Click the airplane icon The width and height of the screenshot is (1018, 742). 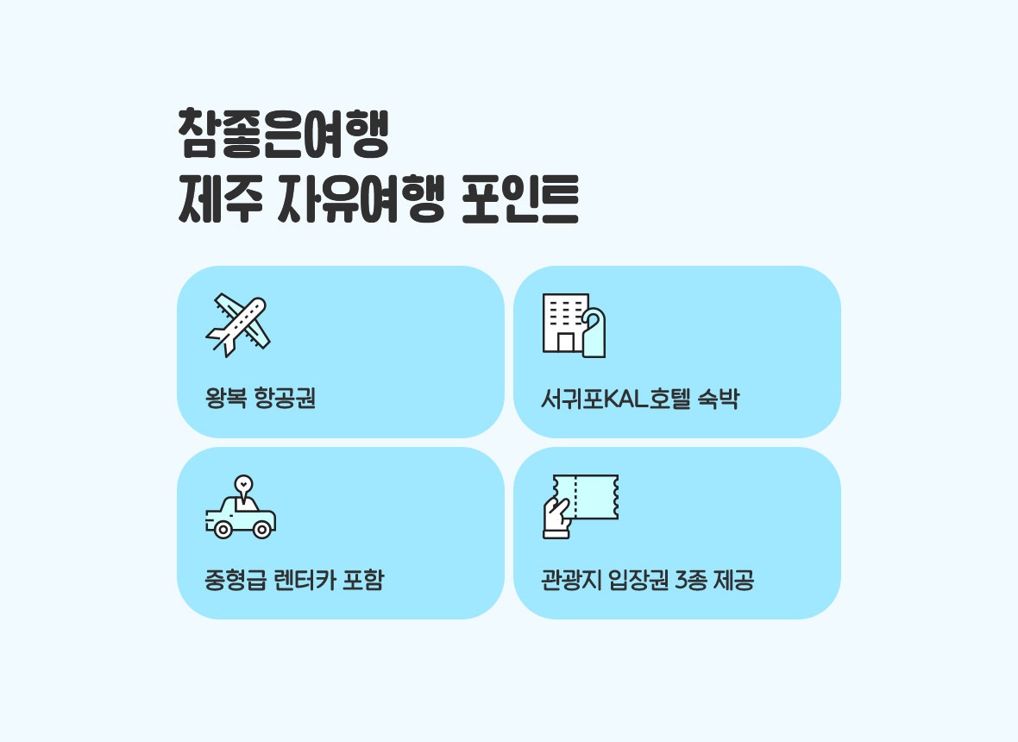(238, 324)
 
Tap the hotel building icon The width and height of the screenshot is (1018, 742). (574, 325)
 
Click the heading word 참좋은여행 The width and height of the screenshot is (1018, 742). (283, 134)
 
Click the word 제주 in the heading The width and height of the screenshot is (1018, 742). (220, 198)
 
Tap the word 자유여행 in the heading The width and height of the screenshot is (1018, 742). (361, 198)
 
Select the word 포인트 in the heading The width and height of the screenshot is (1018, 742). (519, 198)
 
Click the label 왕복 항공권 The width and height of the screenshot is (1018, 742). (261, 398)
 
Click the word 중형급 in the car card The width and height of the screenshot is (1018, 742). (236, 580)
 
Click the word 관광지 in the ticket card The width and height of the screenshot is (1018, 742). (571, 580)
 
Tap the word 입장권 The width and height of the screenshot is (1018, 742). (638, 580)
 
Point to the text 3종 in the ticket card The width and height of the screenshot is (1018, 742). (691, 580)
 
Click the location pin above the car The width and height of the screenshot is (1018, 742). (243, 488)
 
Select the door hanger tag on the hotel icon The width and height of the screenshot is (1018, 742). (594, 332)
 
